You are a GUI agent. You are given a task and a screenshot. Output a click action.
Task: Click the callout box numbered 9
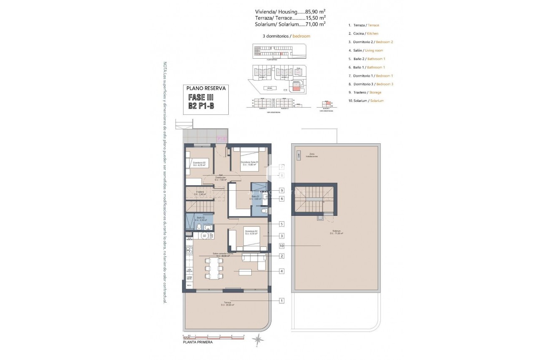coord(282,190)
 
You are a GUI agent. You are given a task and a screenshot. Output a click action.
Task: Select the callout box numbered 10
coord(282,246)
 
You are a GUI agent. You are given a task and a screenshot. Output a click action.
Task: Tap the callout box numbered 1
coord(282,300)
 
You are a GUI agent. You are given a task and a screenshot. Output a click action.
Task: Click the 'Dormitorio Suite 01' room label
coord(249,163)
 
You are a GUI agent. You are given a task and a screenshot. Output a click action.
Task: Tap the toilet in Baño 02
coord(199,227)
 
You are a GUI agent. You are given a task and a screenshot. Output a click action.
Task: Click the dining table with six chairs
coord(214,268)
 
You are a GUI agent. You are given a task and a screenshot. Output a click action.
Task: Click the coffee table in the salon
coord(245,272)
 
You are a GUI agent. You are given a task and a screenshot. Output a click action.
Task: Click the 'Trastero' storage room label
coord(200,193)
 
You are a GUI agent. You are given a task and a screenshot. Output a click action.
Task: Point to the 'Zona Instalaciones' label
coord(311,155)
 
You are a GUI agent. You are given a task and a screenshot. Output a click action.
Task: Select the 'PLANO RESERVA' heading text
coord(207,88)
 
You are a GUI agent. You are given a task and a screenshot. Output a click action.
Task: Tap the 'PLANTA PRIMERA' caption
coord(198,342)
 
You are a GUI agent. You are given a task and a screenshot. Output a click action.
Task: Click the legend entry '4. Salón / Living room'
coord(365,50)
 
